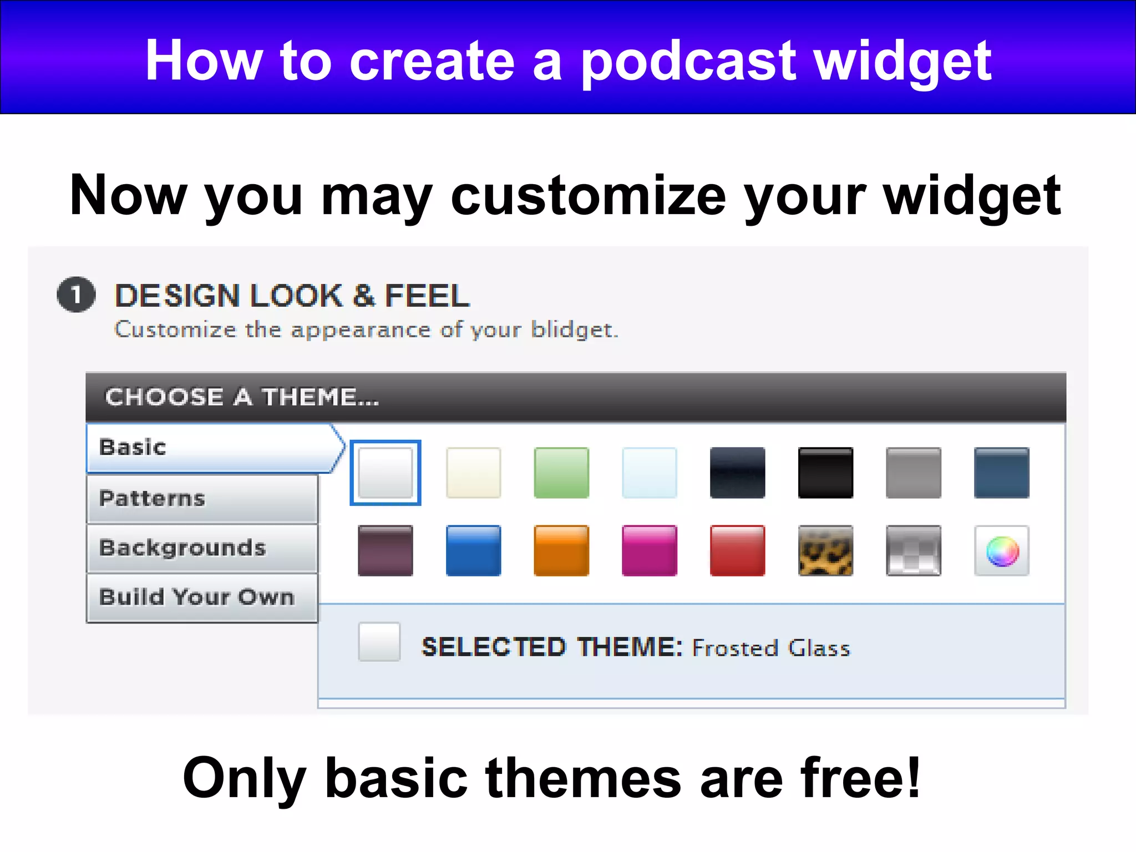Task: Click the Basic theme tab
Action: click(211, 448)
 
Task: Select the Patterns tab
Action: click(202, 499)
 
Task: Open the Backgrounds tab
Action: click(202, 548)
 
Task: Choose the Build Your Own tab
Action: click(202, 597)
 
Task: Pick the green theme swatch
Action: click(561, 473)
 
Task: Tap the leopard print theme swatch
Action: click(825, 551)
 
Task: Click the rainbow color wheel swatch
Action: click(1002, 551)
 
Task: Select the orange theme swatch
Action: click(561, 551)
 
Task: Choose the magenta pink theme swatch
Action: click(650, 551)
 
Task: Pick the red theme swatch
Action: click(737, 551)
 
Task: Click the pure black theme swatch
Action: click(825, 473)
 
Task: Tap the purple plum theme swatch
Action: click(386, 551)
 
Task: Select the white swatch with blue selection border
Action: click(386, 473)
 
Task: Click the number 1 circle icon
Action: click(77, 295)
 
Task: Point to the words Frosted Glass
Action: click(771, 648)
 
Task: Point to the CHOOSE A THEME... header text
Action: click(242, 397)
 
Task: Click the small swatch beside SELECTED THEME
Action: click(379, 642)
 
